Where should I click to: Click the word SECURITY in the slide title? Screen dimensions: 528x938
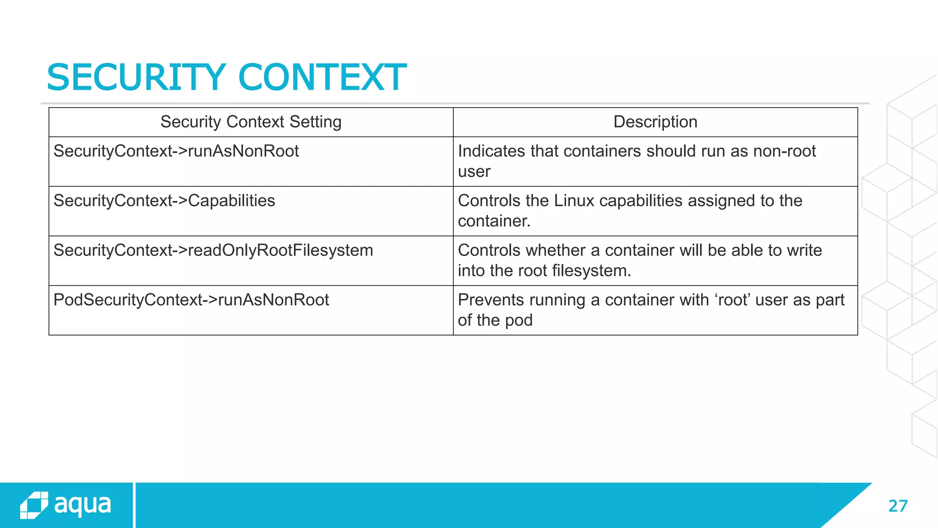pos(136,77)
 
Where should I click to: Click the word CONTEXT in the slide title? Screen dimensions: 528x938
pos(322,77)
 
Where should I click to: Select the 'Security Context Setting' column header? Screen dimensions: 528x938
pos(251,122)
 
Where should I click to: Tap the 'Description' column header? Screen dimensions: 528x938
pos(655,122)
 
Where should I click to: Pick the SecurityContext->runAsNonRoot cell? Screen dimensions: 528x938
pos(176,151)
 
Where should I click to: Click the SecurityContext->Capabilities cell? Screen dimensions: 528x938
pos(164,201)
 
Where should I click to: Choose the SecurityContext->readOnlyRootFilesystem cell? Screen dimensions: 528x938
pos(213,250)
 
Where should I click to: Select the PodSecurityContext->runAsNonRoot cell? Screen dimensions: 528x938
pos(191,300)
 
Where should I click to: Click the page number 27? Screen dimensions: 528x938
pos(897,506)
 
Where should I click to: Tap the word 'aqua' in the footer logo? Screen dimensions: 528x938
pos(83,505)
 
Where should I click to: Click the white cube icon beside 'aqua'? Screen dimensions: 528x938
pos(34,505)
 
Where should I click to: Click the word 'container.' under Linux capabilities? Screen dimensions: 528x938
pos(494,221)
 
